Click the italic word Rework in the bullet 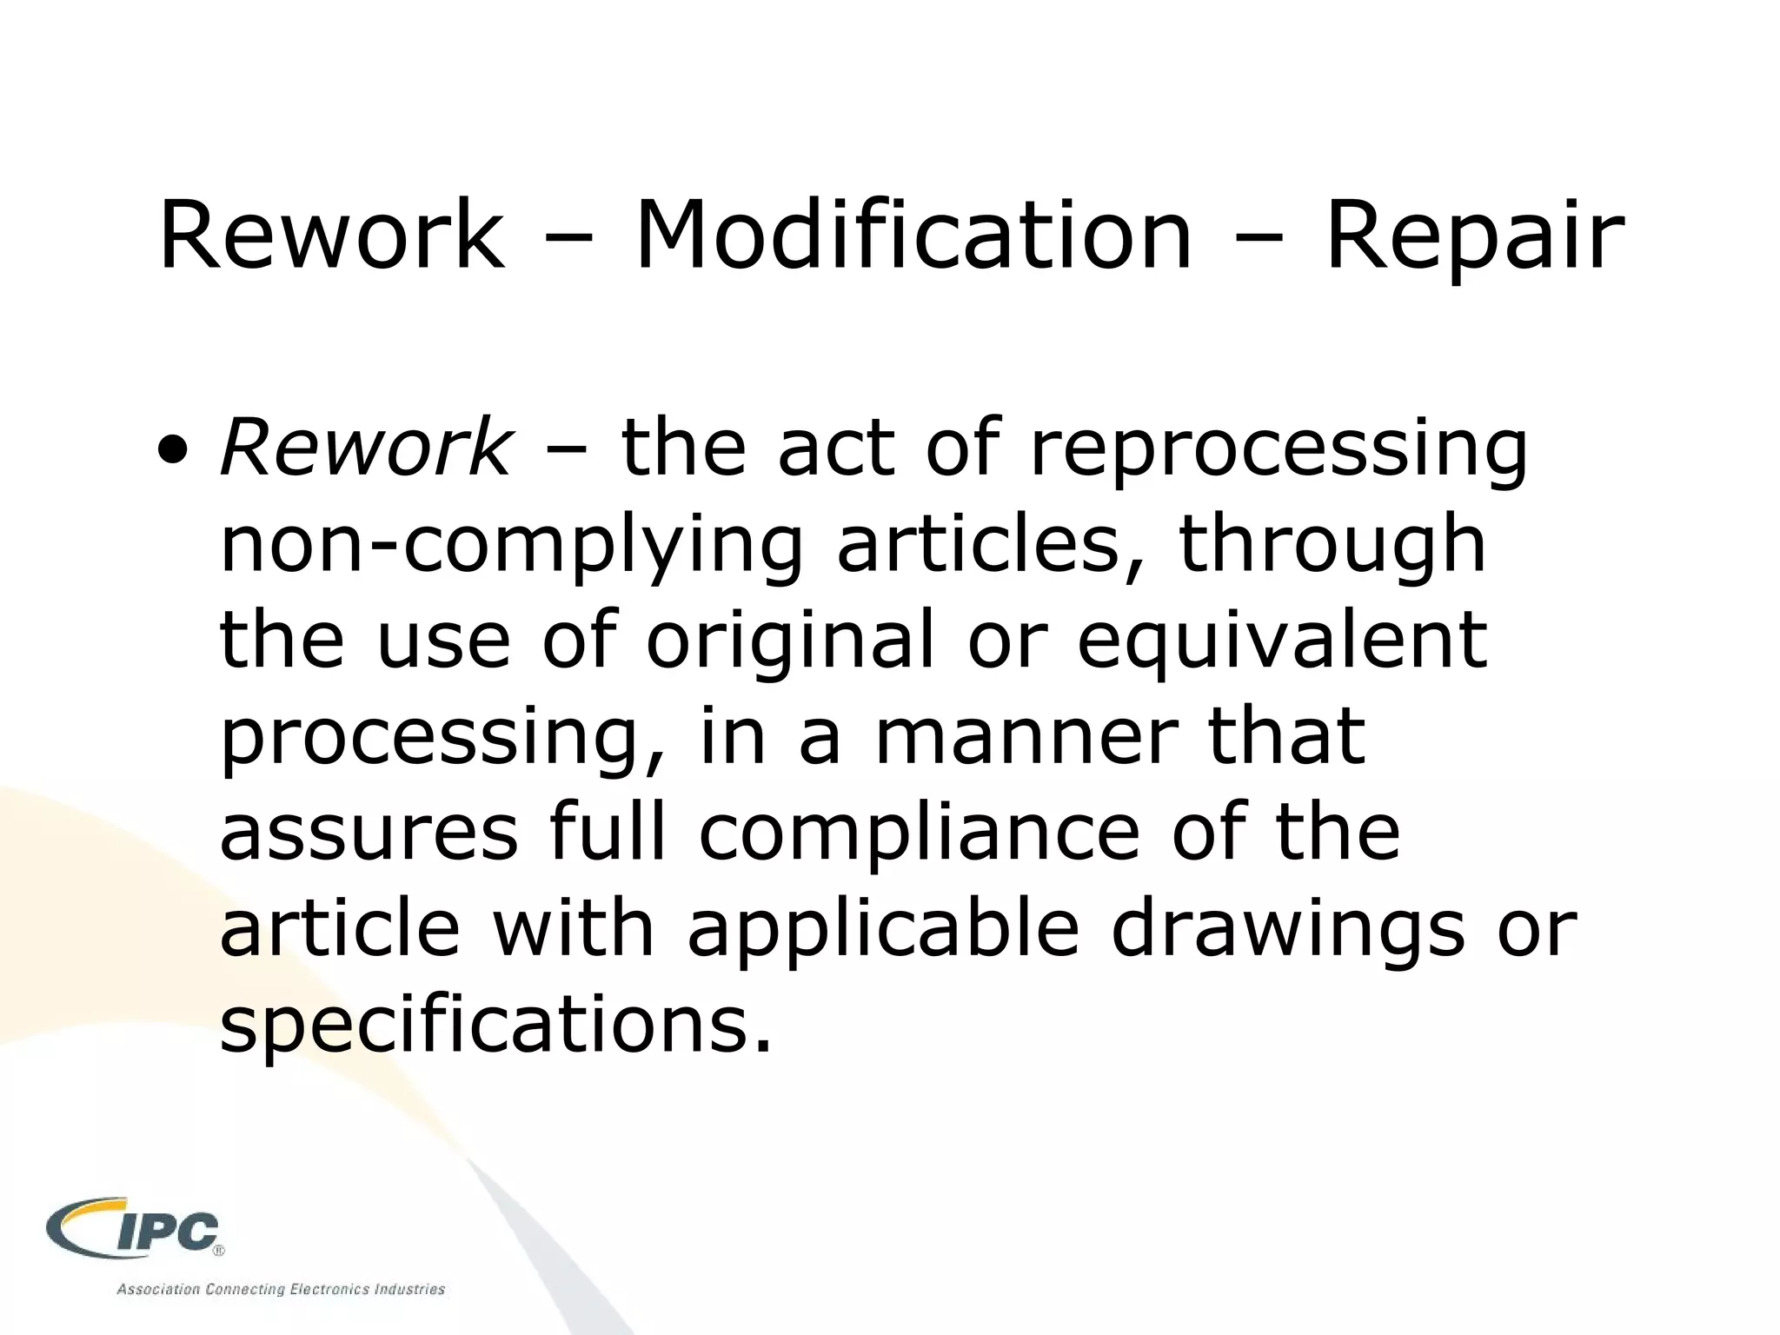tap(366, 448)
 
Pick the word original tap(790, 643)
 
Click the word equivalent tap(1283, 643)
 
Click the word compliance tap(920, 834)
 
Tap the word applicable tap(883, 930)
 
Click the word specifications tap(496, 1026)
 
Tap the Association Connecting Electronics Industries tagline tap(281, 1289)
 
